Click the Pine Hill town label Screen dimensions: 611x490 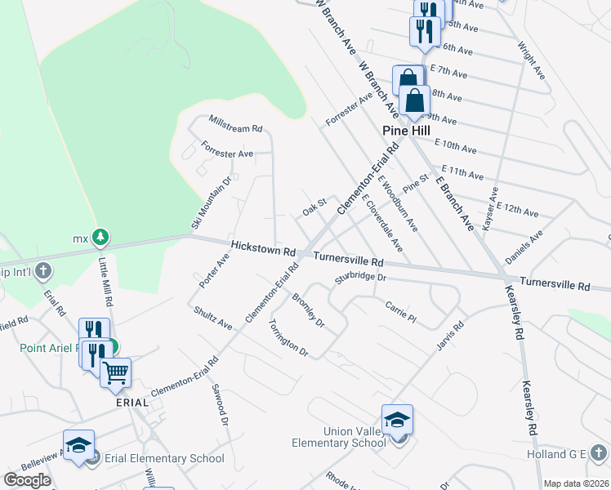tap(408, 131)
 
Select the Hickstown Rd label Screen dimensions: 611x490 tap(262, 247)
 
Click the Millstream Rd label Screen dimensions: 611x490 tap(235, 129)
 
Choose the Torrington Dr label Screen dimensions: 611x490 tap(288, 337)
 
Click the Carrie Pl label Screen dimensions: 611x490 tap(400, 310)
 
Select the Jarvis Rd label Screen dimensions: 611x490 tap(450, 336)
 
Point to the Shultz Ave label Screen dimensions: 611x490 tap(213, 317)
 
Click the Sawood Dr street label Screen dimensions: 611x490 tap(217, 405)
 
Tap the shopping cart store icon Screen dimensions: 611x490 tap(115, 372)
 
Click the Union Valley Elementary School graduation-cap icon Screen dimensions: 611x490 tap(397, 420)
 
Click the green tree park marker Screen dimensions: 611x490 tap(100, 238)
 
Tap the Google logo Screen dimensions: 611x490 tap(27, 480)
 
